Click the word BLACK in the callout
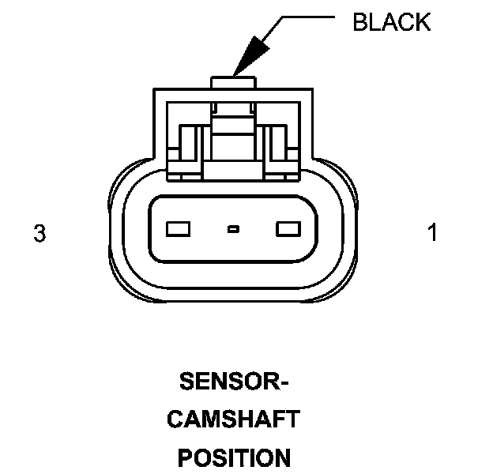coord(391,22)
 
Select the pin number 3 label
coord(39,234)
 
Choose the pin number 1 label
coord(432,234)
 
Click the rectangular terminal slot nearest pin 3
coord(179,229)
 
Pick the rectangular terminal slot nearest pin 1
coord(287,229)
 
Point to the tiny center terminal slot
coord(233,229)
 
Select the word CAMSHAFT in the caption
coord(233,419)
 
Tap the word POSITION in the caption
coord(233,457)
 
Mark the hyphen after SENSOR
coord(284,384)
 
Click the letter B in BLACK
coord(360,22)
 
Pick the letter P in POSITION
coord(185,457)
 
